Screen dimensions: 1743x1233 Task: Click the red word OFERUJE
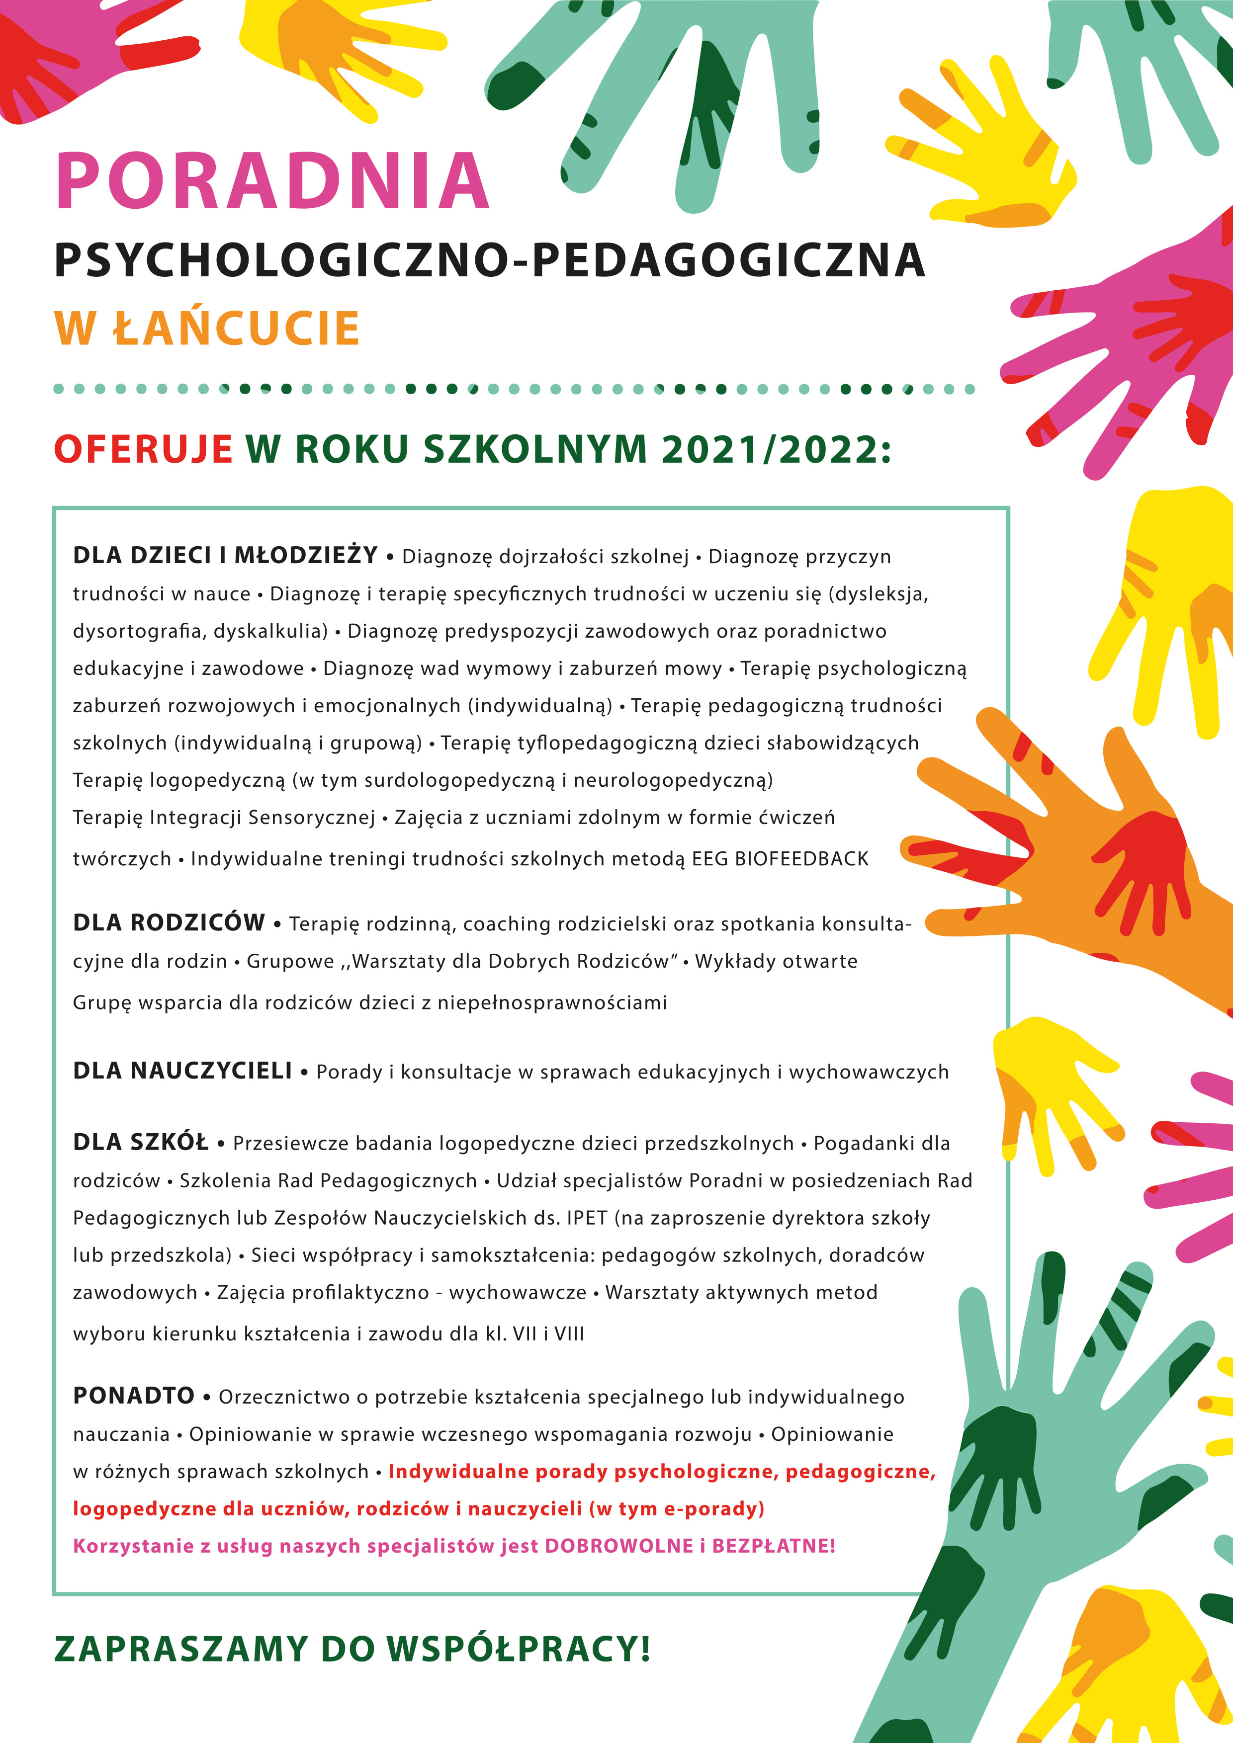pos(143,449)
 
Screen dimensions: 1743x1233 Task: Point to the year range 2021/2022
pos(775,449)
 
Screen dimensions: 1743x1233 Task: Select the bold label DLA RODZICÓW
pos(169,923)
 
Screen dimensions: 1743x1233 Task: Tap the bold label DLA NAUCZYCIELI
pos(182,1071)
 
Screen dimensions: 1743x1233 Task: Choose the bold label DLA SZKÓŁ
pos(141,1143)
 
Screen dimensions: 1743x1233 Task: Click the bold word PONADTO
pos(134,1396)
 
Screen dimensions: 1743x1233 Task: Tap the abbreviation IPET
pos(587,1218)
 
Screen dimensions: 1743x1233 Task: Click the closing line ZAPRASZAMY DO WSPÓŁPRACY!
pos(352,1650)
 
